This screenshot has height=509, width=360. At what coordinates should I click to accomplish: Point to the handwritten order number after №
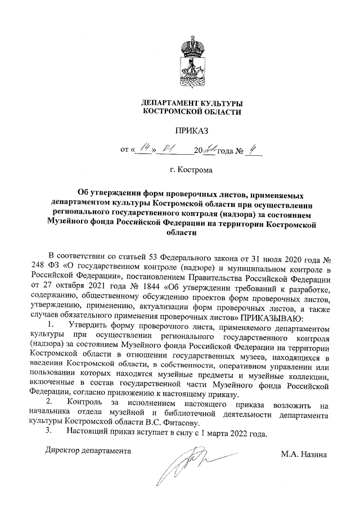tap(254, 149)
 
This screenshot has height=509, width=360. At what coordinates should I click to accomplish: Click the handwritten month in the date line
tap(168, 149)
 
